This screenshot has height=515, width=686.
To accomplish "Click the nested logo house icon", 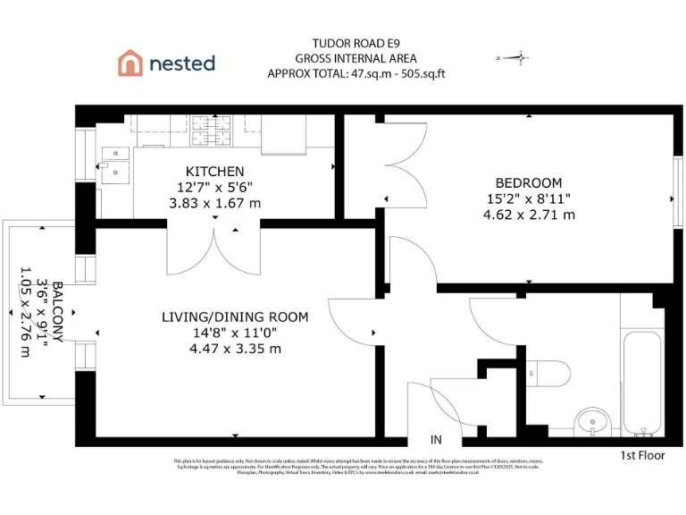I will pyautogui.click(x=130, y=63).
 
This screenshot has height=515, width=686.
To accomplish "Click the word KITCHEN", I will pyautogui.click(x=214, y=171).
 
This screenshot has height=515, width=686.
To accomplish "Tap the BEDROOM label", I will pyautogui.click(x=529, y=182).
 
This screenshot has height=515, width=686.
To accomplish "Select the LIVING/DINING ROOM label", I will pyautogui.click(x=235, y=317).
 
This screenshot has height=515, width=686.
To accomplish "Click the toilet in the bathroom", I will pyautogui.click(x=548, y=371).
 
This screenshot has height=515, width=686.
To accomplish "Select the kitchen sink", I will pyautogui.click(x=113, y=161).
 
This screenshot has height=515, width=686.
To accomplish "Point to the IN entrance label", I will pyautogui.click(x=436, y=440).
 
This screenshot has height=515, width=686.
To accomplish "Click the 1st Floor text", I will pyautogui.click(x=643, y=456).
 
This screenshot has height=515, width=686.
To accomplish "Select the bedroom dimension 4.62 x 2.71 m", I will pyautogui.click(x=529, y=215).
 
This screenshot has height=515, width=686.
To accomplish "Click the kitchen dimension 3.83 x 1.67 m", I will pyautogui.click(x=214, y=203).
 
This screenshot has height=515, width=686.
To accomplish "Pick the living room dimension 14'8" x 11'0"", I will pyautogui.click(x=235, y=333).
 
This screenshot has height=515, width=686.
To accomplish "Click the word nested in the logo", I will pyautogui.click(x=182, y=63).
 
